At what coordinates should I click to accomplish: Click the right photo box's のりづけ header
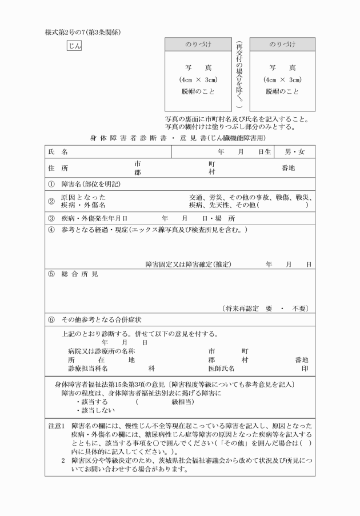tap(282, 44)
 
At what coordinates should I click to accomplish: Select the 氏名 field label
tap(58, 152)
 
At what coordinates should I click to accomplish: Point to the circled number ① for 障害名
tap(51, 185)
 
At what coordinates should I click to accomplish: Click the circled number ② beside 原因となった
tap(51, 201)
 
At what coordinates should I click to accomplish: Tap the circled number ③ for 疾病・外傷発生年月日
tap(51, 218)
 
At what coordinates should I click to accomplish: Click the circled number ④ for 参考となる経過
tap(51, 230)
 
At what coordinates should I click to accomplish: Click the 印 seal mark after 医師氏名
tap(305, 369)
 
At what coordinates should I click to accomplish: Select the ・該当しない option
tap(95, 409)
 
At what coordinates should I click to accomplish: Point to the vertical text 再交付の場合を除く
tap(239, 74)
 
